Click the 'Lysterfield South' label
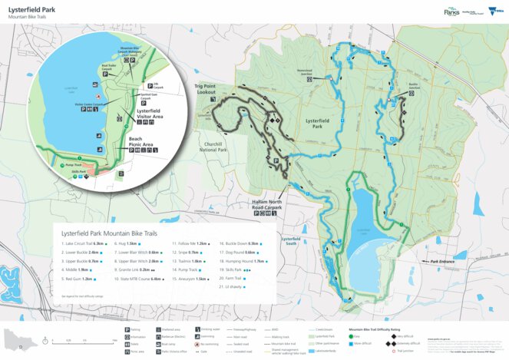point(291,240)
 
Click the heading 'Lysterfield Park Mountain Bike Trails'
point(111,232)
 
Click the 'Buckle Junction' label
point(414,87)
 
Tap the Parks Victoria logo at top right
point(452,12)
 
